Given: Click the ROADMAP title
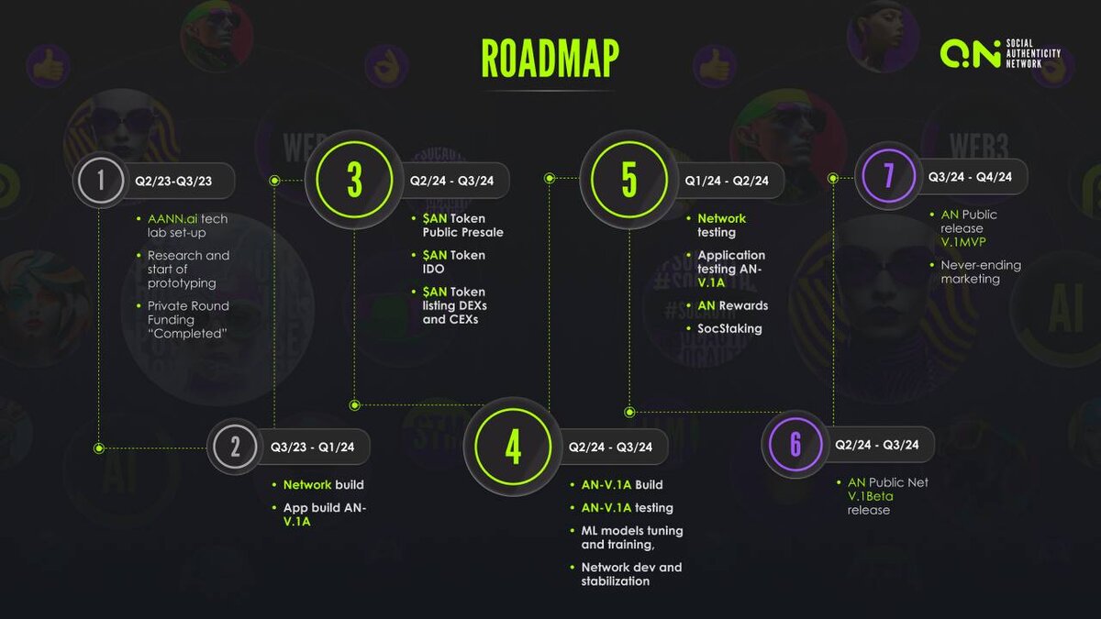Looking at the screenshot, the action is (550, 59).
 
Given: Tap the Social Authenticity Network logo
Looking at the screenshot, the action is (1000, 53).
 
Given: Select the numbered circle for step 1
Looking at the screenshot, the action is (100, 181).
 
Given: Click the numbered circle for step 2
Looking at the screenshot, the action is (235, 447).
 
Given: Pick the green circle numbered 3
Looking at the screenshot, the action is (354, 180).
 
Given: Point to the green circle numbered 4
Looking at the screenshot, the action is (513, 447).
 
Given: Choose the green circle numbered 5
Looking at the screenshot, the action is (628, 180).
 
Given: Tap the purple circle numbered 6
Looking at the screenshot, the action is (795, 444).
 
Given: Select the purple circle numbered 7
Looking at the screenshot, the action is (888, 175).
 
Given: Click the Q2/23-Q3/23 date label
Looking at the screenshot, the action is (173, 181).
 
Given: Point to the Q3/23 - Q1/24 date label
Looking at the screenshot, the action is (312, 447).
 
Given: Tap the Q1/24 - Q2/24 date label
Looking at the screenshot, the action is (727, 181).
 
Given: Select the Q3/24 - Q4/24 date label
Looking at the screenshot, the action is (970, 176).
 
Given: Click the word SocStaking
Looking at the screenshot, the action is (729, 328).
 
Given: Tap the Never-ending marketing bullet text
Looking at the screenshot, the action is (981, 271).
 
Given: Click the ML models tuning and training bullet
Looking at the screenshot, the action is (631, 537).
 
